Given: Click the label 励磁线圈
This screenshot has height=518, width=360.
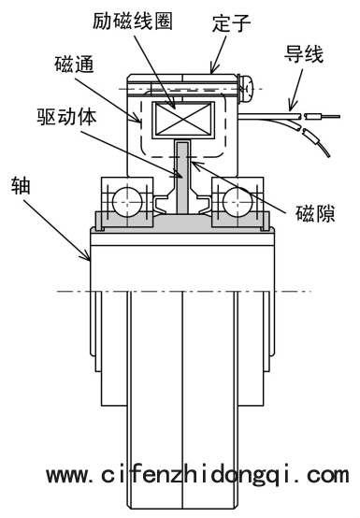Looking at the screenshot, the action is click(x=133, y=21).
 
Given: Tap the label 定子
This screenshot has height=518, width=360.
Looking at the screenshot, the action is click(x=232, y=22).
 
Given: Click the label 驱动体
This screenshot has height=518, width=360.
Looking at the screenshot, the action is click(x=67, y=117).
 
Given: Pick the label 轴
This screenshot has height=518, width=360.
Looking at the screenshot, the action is click(x=21, y=186).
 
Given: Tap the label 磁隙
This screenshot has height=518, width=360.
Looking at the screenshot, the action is click(x=315, y=213).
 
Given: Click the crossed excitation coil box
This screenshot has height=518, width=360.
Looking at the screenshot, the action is click(x=183, y=120).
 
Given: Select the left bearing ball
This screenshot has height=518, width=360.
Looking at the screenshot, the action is click(x=127, y=202).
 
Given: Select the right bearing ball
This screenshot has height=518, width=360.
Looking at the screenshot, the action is click(x=238, y=202).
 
